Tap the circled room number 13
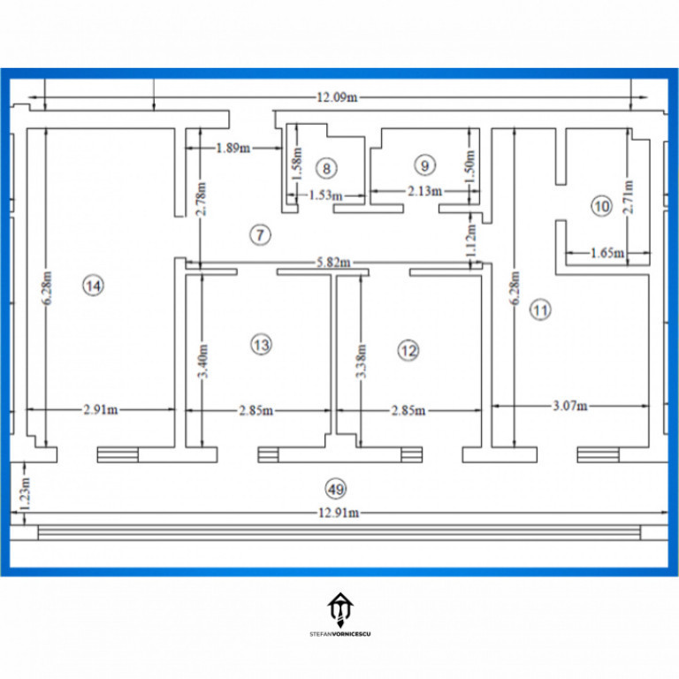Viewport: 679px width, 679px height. click(x=260, y=344)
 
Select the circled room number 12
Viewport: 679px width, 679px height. click(x=408, y=351)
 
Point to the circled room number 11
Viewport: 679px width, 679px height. click(x=540, y=309)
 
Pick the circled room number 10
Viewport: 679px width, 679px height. click(x=601, y=207)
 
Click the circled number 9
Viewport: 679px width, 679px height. click(x=425, y=165)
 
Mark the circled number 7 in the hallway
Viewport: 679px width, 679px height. click(x=260, y=234)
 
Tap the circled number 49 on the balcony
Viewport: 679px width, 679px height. click(x=335, y=488)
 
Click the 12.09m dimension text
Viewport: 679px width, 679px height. click(x=336, y=97)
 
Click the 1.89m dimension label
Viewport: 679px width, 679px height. click(x=233, y=149)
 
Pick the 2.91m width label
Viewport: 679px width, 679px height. click(x=102, y=409)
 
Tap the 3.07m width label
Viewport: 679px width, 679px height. click(x=568, y=407)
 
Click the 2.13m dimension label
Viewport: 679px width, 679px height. click(x=425, y=191)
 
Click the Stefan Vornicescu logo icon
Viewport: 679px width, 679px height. click(x=339, y=608)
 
